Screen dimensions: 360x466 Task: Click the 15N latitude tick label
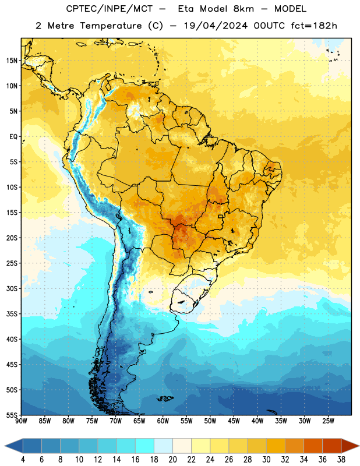[12, 61]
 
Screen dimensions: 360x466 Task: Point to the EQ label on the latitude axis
[13, 137]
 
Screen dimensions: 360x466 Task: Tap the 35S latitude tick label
[12, 314]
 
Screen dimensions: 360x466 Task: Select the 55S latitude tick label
[12, 415]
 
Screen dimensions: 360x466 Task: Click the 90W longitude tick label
[21, 421]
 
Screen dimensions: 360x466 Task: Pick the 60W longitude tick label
[163, 421]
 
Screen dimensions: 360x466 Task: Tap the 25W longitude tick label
[328, 421]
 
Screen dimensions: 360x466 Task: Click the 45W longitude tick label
[234, 421]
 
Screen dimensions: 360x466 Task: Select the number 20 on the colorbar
[172, 460]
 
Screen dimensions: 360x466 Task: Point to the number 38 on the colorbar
[341, 460]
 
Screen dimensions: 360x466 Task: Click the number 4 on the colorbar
[23, 460]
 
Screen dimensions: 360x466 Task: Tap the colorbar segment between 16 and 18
[145, 446]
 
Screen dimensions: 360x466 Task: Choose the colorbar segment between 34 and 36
[313, 446]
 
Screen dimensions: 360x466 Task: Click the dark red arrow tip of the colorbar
[358, 446]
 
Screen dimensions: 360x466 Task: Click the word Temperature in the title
[111, 26]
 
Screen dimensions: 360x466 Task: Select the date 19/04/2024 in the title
[216, 26]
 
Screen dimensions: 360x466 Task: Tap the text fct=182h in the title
[314, 26]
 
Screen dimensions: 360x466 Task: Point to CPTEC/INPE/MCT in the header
[110, 9]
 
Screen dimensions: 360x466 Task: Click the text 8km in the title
[243, 9]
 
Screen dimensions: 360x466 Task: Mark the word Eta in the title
[186, 9]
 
